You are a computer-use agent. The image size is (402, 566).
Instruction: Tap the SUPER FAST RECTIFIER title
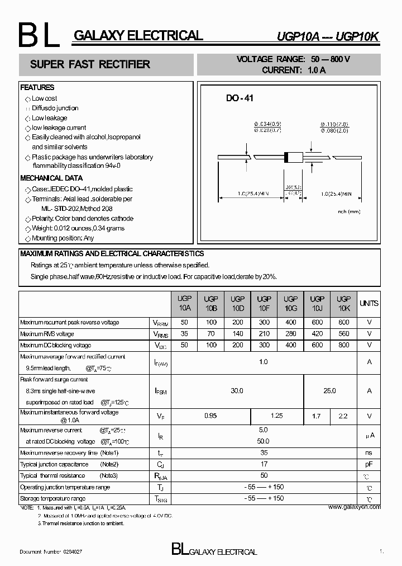(x=90, y=64)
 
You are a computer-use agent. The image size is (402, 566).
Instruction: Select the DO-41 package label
(x=240, y=98)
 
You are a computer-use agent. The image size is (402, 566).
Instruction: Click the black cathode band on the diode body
(x=286, y=158)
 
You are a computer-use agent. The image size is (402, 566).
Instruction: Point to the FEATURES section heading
(x=37, y=88)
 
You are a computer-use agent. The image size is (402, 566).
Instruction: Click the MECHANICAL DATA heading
(x=51, y=178)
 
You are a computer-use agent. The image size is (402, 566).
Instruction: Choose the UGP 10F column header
(x=264, y=304)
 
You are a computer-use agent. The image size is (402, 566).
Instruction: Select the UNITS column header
(x=369, y=304)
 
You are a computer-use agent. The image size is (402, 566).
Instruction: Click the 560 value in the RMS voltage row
(x=344, y=334)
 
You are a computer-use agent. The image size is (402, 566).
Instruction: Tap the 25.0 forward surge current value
(x=330, y=391)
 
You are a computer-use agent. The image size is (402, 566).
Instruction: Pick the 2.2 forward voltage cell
(x=344, y=416)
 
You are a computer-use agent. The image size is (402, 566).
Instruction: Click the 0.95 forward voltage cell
(x=210, y=416)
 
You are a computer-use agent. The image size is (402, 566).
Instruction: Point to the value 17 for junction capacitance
(x=264, y=464)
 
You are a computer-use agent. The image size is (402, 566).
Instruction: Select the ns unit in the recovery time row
(x=369, y=452)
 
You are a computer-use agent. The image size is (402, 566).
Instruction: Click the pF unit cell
(x=369, y=464)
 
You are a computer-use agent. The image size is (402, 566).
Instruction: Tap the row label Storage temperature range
(x=53, y=498)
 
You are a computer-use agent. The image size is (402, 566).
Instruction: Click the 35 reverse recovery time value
(x=264, y=452)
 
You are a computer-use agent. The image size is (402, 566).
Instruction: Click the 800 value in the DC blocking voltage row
(x=344, y=345)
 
